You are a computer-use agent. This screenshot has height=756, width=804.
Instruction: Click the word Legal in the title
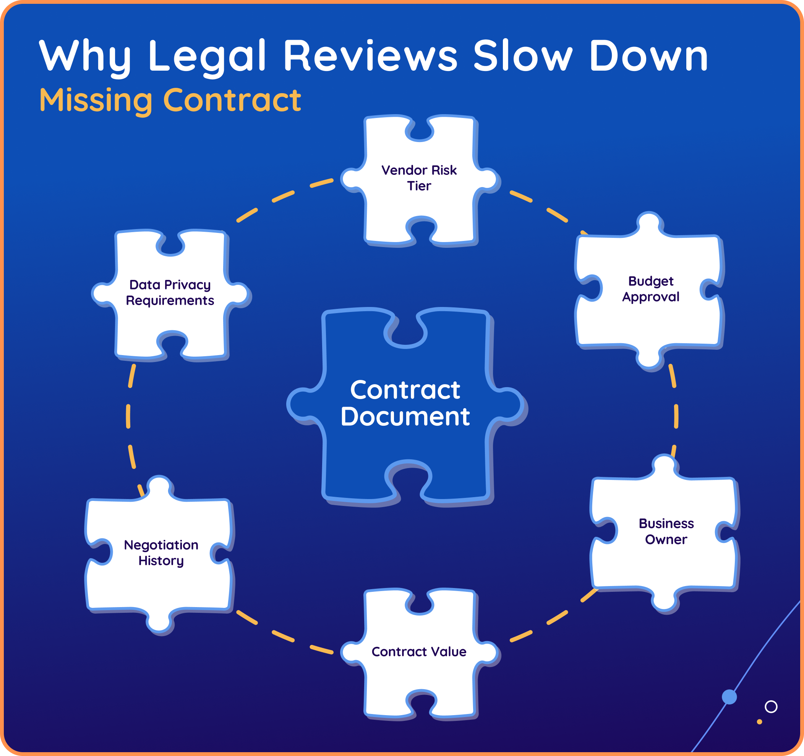click(x=207, y=56)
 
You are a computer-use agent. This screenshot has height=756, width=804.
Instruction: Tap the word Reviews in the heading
click(x=370, y=56)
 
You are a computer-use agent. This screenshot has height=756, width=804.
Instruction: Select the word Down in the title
click(x=648, y=56)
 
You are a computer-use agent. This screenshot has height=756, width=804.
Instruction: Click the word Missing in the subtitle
click(x=96, y=100)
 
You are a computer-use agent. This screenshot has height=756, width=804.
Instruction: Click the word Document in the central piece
click(x=405, y=417)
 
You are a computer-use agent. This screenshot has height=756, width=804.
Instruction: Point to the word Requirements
click(x=170, y=300)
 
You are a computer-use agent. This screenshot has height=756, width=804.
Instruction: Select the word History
click(x=161, y=561)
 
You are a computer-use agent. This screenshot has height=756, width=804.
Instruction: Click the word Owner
click(x=666, y=540)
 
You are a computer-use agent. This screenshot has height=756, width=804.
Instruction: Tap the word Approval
click(x=651, y=297)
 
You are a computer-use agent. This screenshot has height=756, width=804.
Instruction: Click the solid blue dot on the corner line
click(x=729, y=696)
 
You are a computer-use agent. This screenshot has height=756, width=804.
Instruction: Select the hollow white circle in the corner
click(x=771, y=707)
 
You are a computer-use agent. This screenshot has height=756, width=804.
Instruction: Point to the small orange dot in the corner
click(x=759, y=722)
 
